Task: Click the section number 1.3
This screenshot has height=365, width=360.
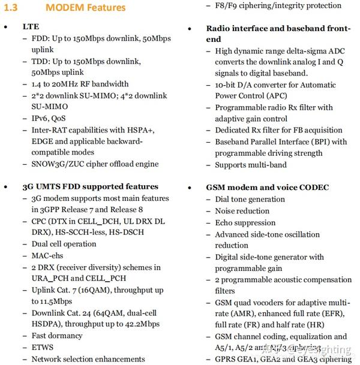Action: click(x=12, y=8)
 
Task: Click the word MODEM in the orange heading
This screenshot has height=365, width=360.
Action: click(x=65, y=8)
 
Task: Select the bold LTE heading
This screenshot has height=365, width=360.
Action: click(x=31, y=27)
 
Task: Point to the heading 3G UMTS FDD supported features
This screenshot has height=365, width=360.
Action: click(x=90, y=186)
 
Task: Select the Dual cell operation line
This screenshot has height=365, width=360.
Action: click(x=64, y=244)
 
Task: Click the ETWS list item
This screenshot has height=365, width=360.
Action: click(x=43, y=348)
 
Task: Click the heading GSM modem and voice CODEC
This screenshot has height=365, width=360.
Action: click(x=267, y=187)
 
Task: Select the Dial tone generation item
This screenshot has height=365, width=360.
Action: click(x=250, y=199)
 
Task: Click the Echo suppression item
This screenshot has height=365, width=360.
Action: click(x=245, y=222)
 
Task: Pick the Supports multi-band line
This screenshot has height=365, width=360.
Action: click(x=251, y=165)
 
